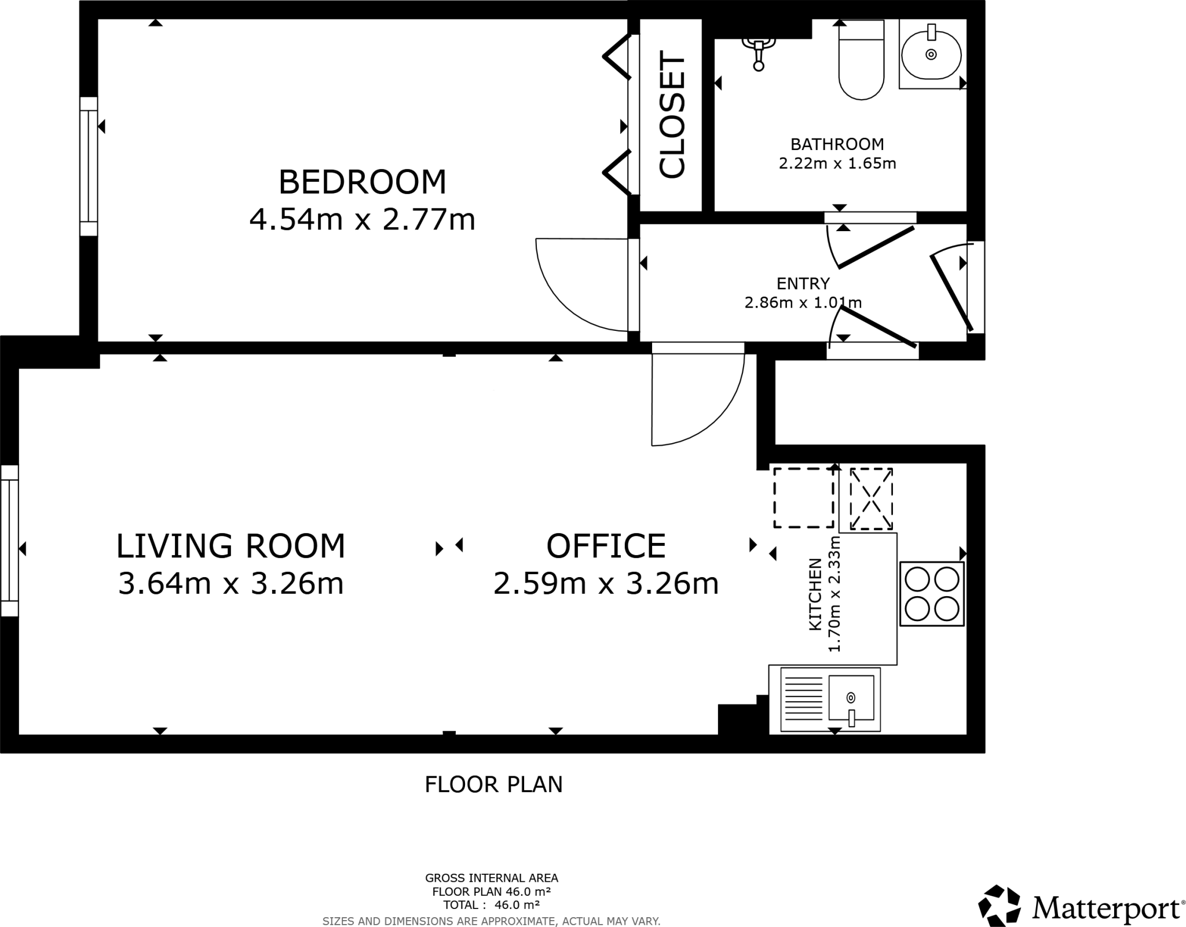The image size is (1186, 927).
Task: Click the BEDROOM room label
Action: click(363, 182)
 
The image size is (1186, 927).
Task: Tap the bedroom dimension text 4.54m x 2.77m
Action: click(363, 220)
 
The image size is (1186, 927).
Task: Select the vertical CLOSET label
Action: click(672, 116)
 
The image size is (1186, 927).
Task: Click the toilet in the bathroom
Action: click(861, 61)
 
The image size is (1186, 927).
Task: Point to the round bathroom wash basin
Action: click(931, 55)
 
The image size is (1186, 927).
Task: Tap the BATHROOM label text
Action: click(837, 144)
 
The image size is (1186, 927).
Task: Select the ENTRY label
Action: click(803, 283)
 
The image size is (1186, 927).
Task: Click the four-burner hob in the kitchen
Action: click(931, 594)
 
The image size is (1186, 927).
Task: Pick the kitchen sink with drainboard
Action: click(830, 699)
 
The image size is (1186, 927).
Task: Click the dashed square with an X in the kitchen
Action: click(870, 499)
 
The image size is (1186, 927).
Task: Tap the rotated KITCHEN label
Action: click(815, 594)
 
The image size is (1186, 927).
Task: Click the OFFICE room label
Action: click(606, 546)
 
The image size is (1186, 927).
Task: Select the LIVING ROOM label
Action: click(230, 546)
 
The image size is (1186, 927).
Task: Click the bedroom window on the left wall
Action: click(89, 166)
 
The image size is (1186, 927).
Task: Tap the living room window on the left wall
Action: click(9, 540)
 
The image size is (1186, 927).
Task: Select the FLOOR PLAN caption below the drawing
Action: click(493, 784)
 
